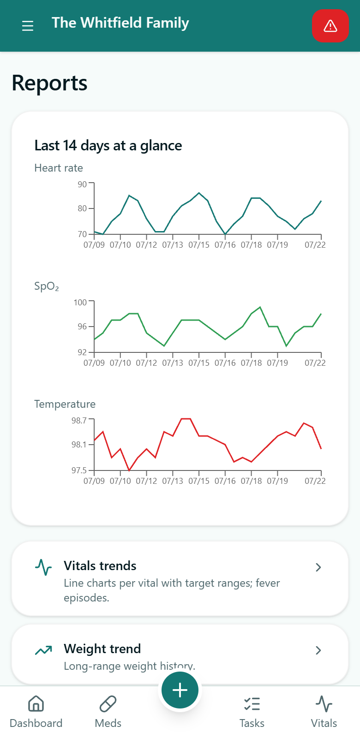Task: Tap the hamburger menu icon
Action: pos(28,26)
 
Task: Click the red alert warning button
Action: pos(330,26)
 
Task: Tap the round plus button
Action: pos(180,690)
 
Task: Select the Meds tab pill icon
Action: pos(108,704)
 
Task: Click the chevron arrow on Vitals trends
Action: pos(318,567)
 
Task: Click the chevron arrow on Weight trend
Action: pos(318,650)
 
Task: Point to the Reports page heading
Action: pos(49,83)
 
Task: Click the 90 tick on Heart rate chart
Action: pos(83,184)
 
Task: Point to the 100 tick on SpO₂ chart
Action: pos(80,302)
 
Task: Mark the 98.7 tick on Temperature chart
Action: pos(79,420)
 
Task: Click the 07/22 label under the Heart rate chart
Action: pos(315,245)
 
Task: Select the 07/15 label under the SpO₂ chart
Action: pos(199,363)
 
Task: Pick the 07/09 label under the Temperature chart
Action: pos(94,481)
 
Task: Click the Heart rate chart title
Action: pos(59,168)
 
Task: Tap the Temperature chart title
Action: pos(65,404)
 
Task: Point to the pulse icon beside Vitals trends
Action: pos(43,567)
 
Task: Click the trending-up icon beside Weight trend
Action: pos(43,650)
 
